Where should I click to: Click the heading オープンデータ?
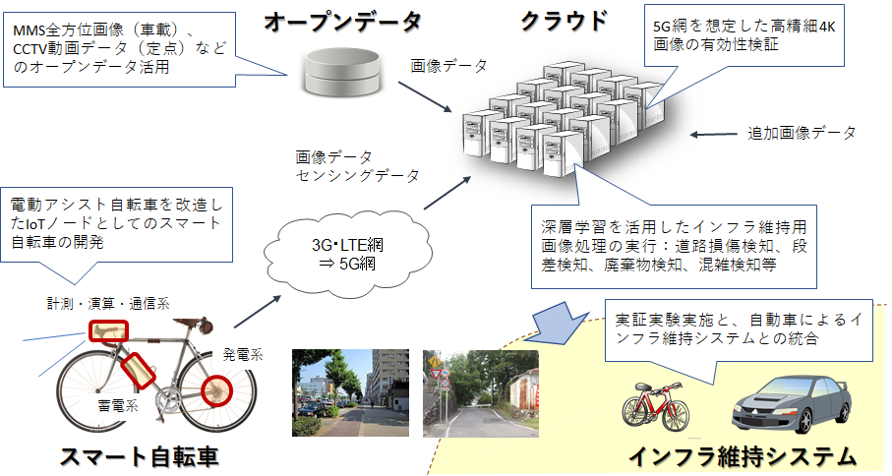(x=342, y=22)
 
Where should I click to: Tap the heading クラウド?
(x=565, y=21)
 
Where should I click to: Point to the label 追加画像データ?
(x=802, y=133)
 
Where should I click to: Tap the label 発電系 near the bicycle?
(x=243, y=355)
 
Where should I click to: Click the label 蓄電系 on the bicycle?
(x=118, y=405)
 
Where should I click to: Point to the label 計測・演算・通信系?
(x=108, y=304)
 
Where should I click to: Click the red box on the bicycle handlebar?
(x=108, y=331)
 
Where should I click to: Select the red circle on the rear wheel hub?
(x=217, y=391)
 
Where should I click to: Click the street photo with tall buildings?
(x=350, y=393)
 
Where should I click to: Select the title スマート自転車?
(x=140, y=456)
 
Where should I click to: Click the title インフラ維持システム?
(x=743, y=456)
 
